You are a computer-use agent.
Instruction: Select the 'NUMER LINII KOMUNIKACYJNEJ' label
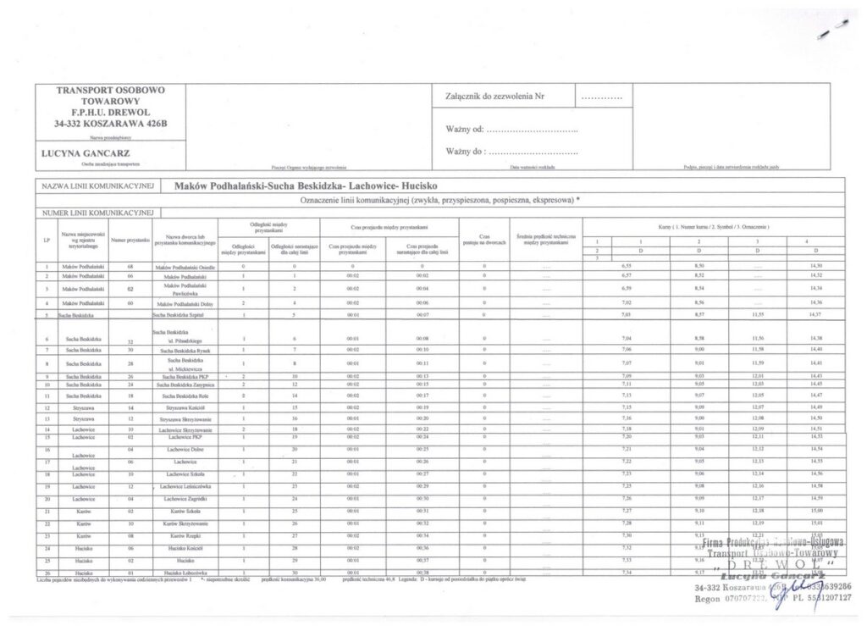point(95,212)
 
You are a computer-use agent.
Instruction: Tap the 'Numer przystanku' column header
point(130,241)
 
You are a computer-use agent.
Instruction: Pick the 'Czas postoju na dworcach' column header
point(485,241)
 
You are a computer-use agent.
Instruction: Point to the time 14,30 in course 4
point(816,267)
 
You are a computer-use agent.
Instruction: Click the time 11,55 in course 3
point(758,313)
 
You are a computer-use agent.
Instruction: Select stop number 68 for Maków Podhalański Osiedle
point(130,267)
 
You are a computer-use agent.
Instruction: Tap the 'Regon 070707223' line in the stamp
point(730,599)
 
